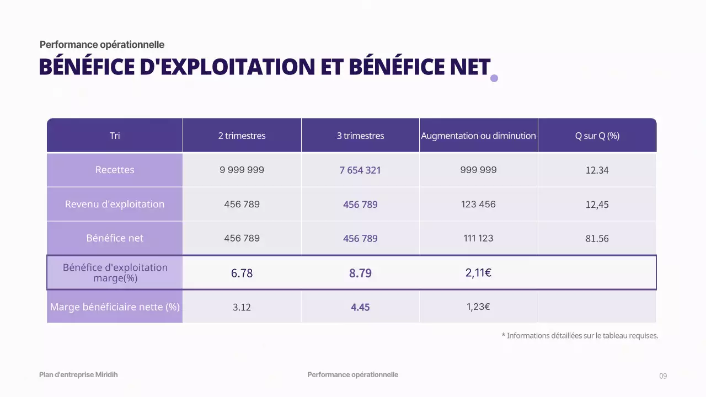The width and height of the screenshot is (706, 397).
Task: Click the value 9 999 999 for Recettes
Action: point(242,170)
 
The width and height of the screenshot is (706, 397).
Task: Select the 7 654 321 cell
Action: point(360,170)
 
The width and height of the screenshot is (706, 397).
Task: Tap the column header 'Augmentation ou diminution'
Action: point(478,136)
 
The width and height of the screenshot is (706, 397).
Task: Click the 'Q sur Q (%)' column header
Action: point(597,136)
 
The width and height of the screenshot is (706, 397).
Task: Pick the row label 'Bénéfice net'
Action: point(115,238)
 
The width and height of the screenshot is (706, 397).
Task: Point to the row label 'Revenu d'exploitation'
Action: point(115,204)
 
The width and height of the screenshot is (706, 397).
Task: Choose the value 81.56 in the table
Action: point(597,239)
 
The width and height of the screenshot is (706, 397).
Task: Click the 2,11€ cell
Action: point(478,272)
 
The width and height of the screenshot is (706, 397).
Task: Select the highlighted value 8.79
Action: point(360,273)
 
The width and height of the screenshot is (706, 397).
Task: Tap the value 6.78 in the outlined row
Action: point(242,273)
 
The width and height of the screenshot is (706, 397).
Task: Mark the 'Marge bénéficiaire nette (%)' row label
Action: point(115,307)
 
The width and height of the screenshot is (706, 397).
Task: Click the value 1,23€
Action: point(478,307)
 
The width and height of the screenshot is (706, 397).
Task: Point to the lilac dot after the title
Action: point(494,78)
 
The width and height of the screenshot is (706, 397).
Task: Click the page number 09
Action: point(663,376)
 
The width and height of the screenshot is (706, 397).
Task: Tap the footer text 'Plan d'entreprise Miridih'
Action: point(78,375)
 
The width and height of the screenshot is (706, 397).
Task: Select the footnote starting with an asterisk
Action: point(580,335)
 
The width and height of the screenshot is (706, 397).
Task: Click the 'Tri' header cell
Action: point(115,136)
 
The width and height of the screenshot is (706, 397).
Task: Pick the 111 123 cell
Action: point(478,238)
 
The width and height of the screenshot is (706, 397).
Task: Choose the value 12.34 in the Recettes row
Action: point(597,170)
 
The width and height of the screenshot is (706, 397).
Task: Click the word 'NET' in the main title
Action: point(467,67)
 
